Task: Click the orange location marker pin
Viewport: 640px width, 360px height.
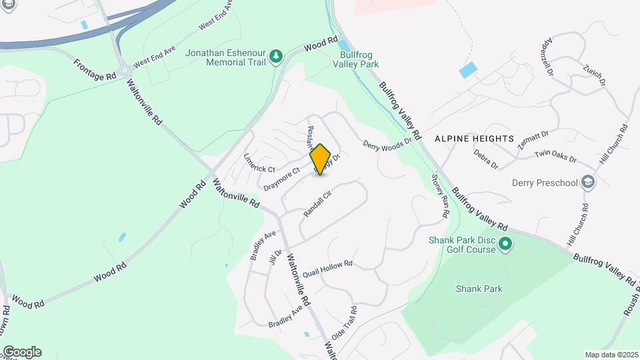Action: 321,159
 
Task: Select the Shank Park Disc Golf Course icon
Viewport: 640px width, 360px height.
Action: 505,245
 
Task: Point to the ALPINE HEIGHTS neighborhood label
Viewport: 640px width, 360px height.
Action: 475,139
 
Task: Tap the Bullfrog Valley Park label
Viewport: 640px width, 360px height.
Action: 359,59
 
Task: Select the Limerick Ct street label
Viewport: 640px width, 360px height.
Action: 259,164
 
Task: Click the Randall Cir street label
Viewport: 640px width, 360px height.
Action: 317,204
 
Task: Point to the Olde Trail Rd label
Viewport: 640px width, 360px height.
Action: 344,321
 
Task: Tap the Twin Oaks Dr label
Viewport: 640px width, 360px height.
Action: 555,157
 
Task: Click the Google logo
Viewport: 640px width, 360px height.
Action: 21,351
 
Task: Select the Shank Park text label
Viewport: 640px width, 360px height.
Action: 479,289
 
